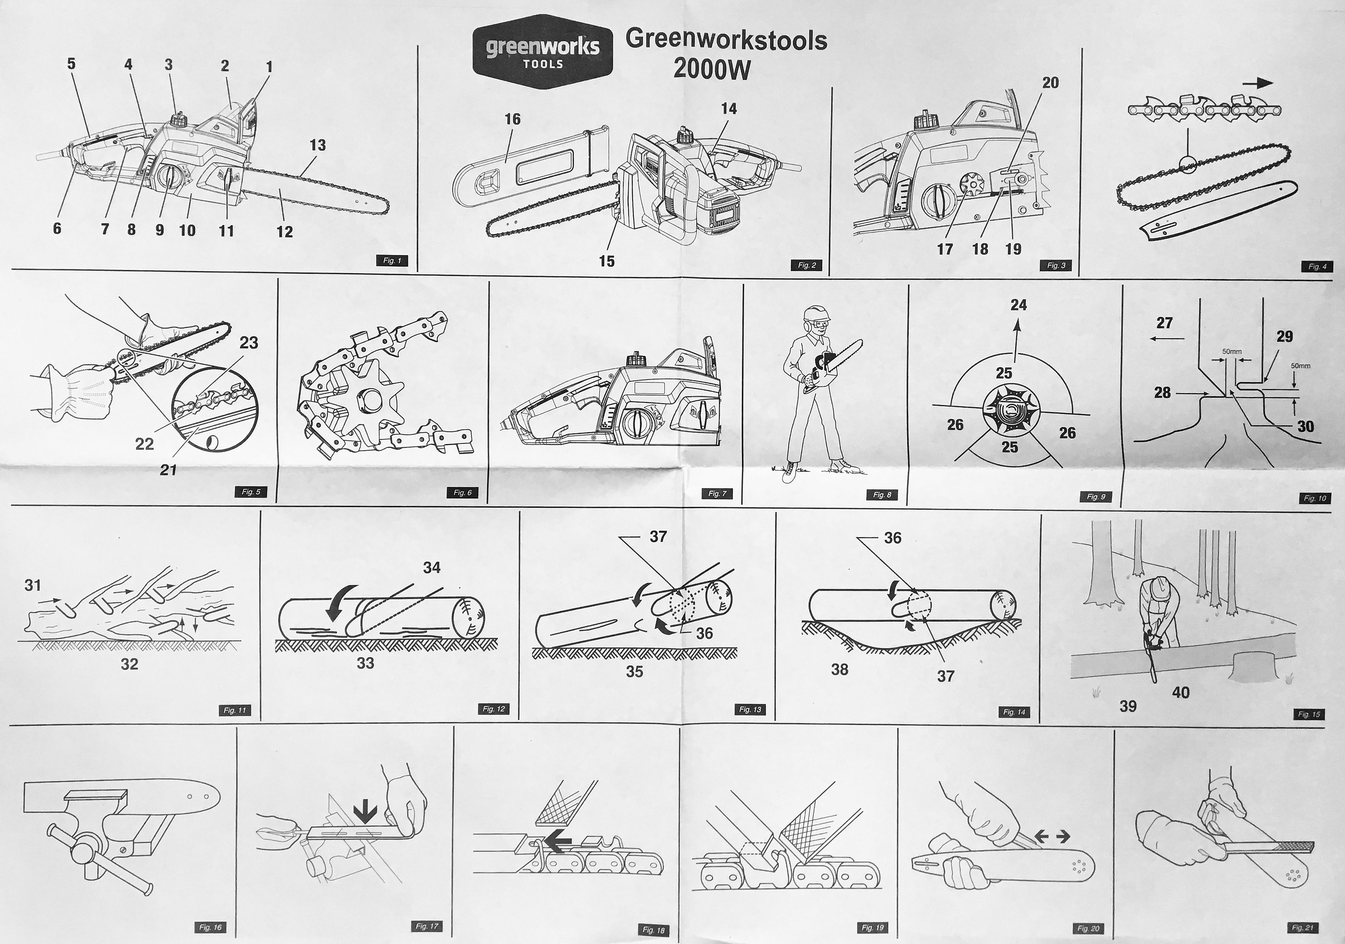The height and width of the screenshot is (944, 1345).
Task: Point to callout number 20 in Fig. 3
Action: click(x=1050, y=83)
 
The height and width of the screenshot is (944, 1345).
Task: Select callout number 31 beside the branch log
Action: click(x=33, y=585)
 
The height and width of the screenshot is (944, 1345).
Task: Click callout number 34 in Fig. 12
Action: click(x=432, y=568)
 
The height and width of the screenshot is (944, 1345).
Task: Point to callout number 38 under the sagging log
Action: click(x=839, y=669)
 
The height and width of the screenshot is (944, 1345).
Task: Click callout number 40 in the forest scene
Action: click(x=1180, y=693)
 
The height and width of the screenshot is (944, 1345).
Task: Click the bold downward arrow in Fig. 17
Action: click(x=366, y=812)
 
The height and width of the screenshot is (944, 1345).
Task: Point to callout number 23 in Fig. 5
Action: click(x=249, y=342)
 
